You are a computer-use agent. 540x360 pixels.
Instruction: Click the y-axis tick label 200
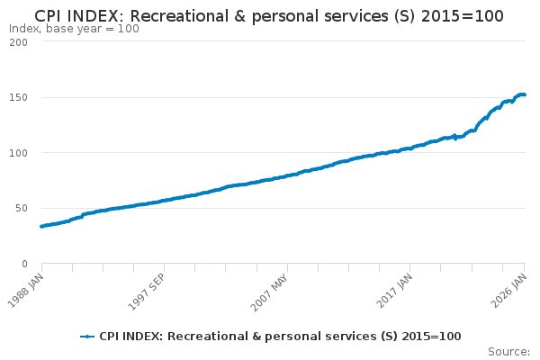[18, 42]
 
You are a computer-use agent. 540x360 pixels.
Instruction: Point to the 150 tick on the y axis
[18, 97]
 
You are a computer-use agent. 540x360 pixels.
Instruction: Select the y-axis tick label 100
[18, 153]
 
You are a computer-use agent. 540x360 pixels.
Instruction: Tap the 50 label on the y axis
[21, 208]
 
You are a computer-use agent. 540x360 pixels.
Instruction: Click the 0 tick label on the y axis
[24, 264]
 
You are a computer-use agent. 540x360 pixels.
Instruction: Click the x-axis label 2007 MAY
[271, 289]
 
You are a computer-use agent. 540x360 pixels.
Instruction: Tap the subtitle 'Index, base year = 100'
[74, 29]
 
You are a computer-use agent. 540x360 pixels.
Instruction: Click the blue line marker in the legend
[87, 337]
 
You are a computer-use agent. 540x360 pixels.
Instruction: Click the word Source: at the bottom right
[508, 351]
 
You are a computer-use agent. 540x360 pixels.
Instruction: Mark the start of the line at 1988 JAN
[41, 226]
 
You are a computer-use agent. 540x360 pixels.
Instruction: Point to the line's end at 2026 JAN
[525, 94]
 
